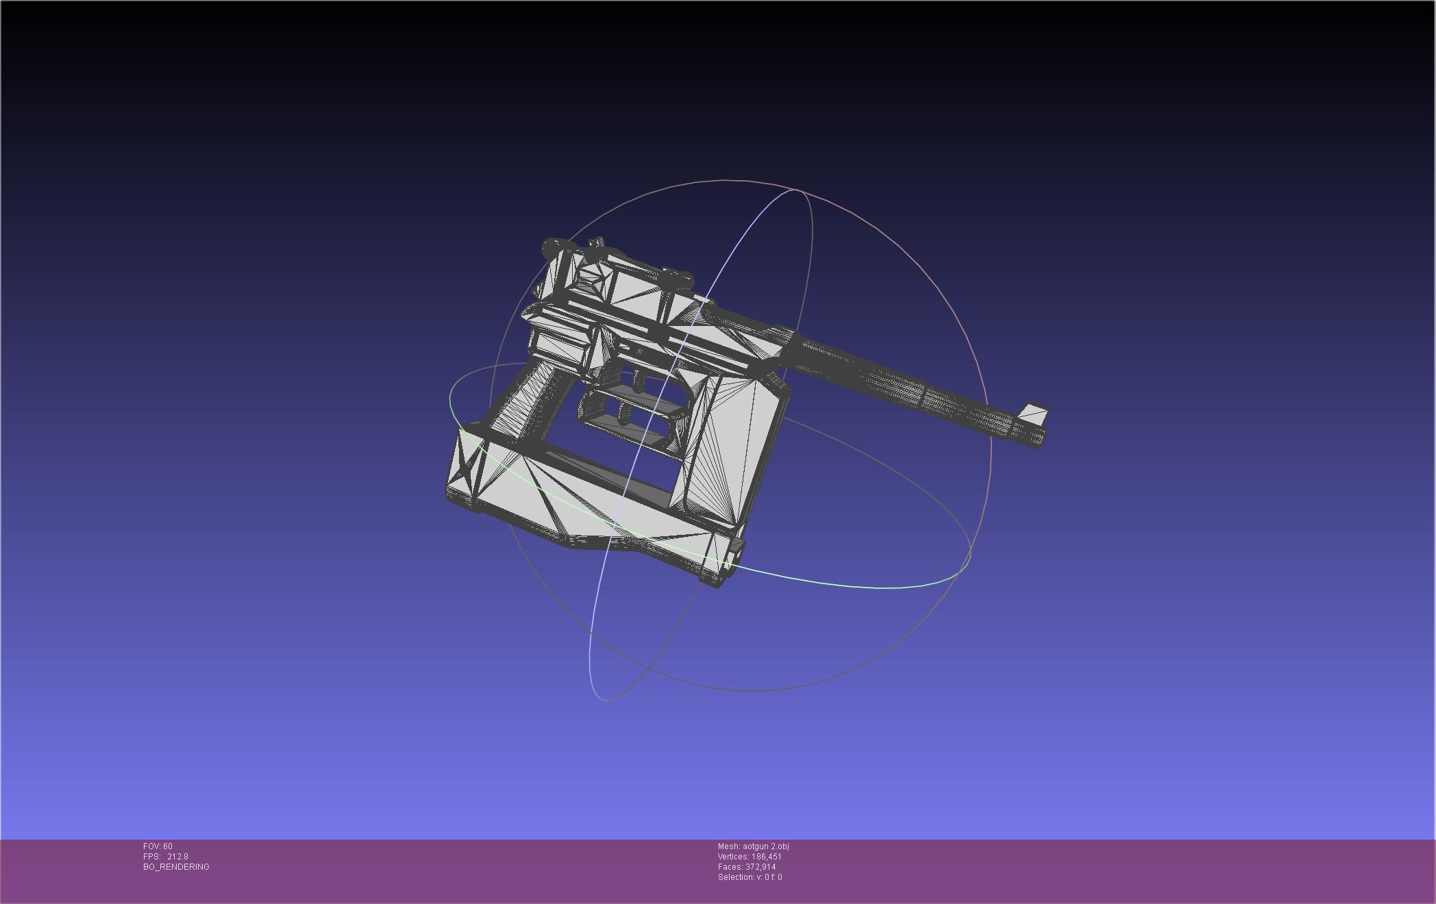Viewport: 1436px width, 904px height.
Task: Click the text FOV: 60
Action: (158, 846)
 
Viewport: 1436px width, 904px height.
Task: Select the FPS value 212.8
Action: (177, 857)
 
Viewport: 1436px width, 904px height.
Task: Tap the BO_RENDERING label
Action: (176, 867)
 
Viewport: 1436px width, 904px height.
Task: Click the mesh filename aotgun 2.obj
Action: (766, 846)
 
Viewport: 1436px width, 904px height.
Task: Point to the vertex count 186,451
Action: (767, 857)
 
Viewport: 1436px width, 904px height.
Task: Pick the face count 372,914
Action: (761, 867)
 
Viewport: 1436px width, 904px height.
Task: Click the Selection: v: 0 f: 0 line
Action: (750, 877)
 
